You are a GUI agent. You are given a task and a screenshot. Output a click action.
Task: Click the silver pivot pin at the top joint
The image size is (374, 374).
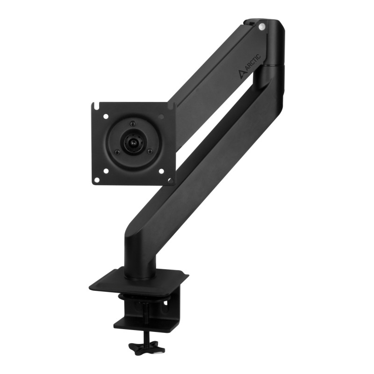(x=262, y=27)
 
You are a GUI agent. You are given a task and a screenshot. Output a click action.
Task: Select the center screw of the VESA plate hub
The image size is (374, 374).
(x=133, y=140)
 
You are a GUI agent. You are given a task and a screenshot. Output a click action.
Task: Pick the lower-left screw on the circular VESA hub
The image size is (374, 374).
(x=117, y=152)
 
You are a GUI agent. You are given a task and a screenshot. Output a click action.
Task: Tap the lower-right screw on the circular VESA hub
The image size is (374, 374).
(x=150, y=151)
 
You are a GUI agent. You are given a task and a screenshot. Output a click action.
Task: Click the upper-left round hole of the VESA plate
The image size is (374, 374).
(x=106, y=116)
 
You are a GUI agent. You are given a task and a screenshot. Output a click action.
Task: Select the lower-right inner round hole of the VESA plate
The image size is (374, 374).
(x=161, y=171)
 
